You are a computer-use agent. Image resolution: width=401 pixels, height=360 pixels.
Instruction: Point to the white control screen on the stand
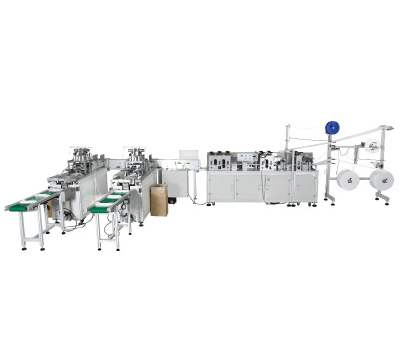(185, 157)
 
